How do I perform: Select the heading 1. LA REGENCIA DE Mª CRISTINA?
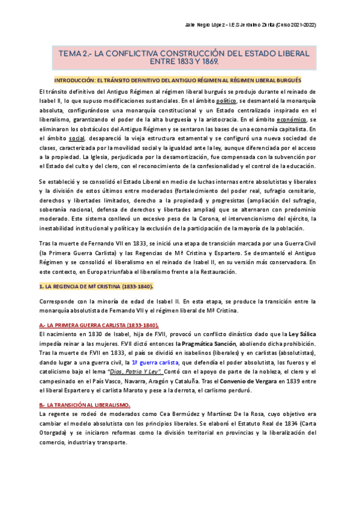[96, 286]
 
